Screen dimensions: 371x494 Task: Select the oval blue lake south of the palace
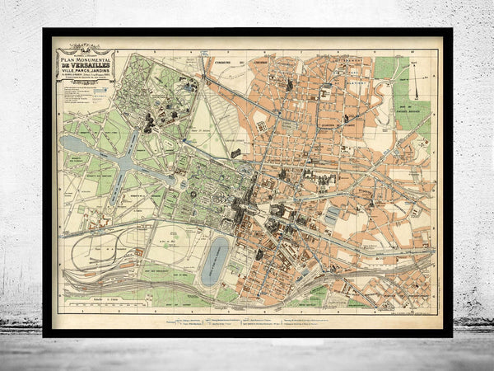pos(215,261)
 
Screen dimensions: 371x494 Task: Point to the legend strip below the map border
pos(247,317)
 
